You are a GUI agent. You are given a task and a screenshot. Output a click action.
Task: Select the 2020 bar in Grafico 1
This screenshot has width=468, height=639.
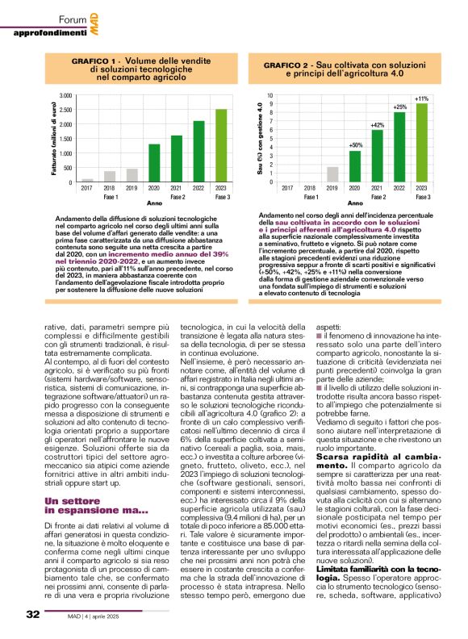coord(154,163)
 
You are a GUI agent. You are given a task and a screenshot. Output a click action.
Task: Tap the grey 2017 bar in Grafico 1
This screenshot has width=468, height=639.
coord(87,181)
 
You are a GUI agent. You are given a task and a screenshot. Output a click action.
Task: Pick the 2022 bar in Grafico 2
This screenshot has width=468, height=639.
coord(399,147)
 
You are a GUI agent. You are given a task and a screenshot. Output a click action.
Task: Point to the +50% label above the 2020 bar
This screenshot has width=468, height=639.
coord(355,145)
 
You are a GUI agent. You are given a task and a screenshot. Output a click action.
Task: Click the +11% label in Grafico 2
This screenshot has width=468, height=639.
coord(421,98)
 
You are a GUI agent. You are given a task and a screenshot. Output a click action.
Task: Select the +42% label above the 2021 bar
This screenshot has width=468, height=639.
coord(377,125)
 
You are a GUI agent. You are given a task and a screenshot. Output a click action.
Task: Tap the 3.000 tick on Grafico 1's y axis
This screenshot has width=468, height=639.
coord(65,96)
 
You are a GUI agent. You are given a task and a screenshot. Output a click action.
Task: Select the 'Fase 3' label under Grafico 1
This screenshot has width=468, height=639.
coord(221,197)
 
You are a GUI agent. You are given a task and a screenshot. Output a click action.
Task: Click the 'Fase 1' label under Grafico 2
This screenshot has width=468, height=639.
coord(311,197)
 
